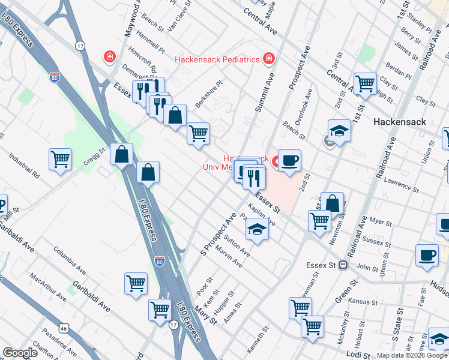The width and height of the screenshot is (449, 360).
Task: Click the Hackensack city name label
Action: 399,121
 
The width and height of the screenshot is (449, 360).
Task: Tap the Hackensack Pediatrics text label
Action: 217,59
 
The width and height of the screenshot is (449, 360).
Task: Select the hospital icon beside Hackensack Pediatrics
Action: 269,58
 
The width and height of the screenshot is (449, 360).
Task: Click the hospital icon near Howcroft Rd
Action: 109,57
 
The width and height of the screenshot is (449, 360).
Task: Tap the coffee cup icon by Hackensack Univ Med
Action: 289,160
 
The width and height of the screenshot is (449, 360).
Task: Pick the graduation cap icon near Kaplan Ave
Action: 257,229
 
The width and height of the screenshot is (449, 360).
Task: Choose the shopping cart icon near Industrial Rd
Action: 60,159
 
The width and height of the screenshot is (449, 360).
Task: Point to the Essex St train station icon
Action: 343,264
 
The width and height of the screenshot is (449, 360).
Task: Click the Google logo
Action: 20,353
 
